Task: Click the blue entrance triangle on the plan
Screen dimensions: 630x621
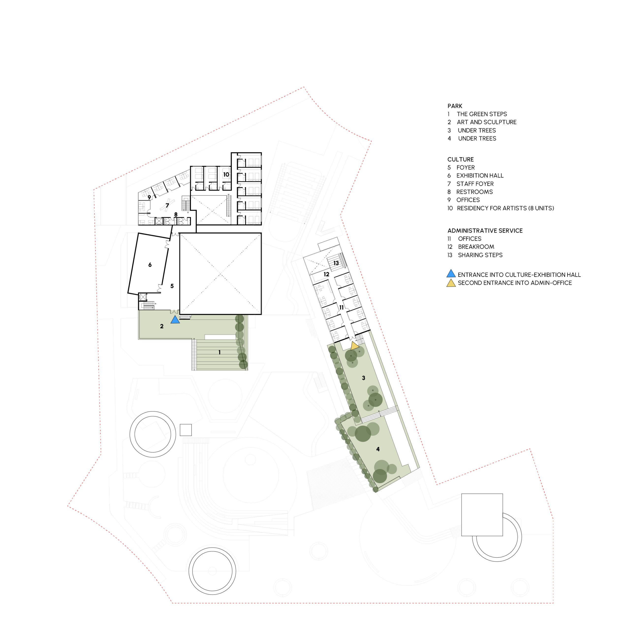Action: [175, 320]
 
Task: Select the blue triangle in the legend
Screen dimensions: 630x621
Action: [451, 274]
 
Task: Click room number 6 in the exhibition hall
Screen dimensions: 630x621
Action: [150, 265]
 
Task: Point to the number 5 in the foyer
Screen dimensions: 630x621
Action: [172, 286]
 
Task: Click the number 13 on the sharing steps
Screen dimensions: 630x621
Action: [336, 263]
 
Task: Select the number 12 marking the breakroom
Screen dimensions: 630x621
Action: [326, 274]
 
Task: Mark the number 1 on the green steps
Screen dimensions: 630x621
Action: [220, 352]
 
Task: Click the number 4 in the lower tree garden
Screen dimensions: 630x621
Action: [378, 449]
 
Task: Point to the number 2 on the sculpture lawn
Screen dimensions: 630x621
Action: [162, 326]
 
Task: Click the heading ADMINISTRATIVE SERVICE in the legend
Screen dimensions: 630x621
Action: [485, 231]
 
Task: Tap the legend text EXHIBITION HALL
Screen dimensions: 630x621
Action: [480, 176]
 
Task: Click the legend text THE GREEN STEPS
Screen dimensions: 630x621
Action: [482, 114]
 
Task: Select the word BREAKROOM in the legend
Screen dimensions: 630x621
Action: [476, 247]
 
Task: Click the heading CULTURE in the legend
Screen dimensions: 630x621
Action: [460, 159]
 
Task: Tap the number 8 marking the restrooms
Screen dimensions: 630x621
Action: [176, 215]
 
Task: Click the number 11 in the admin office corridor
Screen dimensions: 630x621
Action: [341, 308]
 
